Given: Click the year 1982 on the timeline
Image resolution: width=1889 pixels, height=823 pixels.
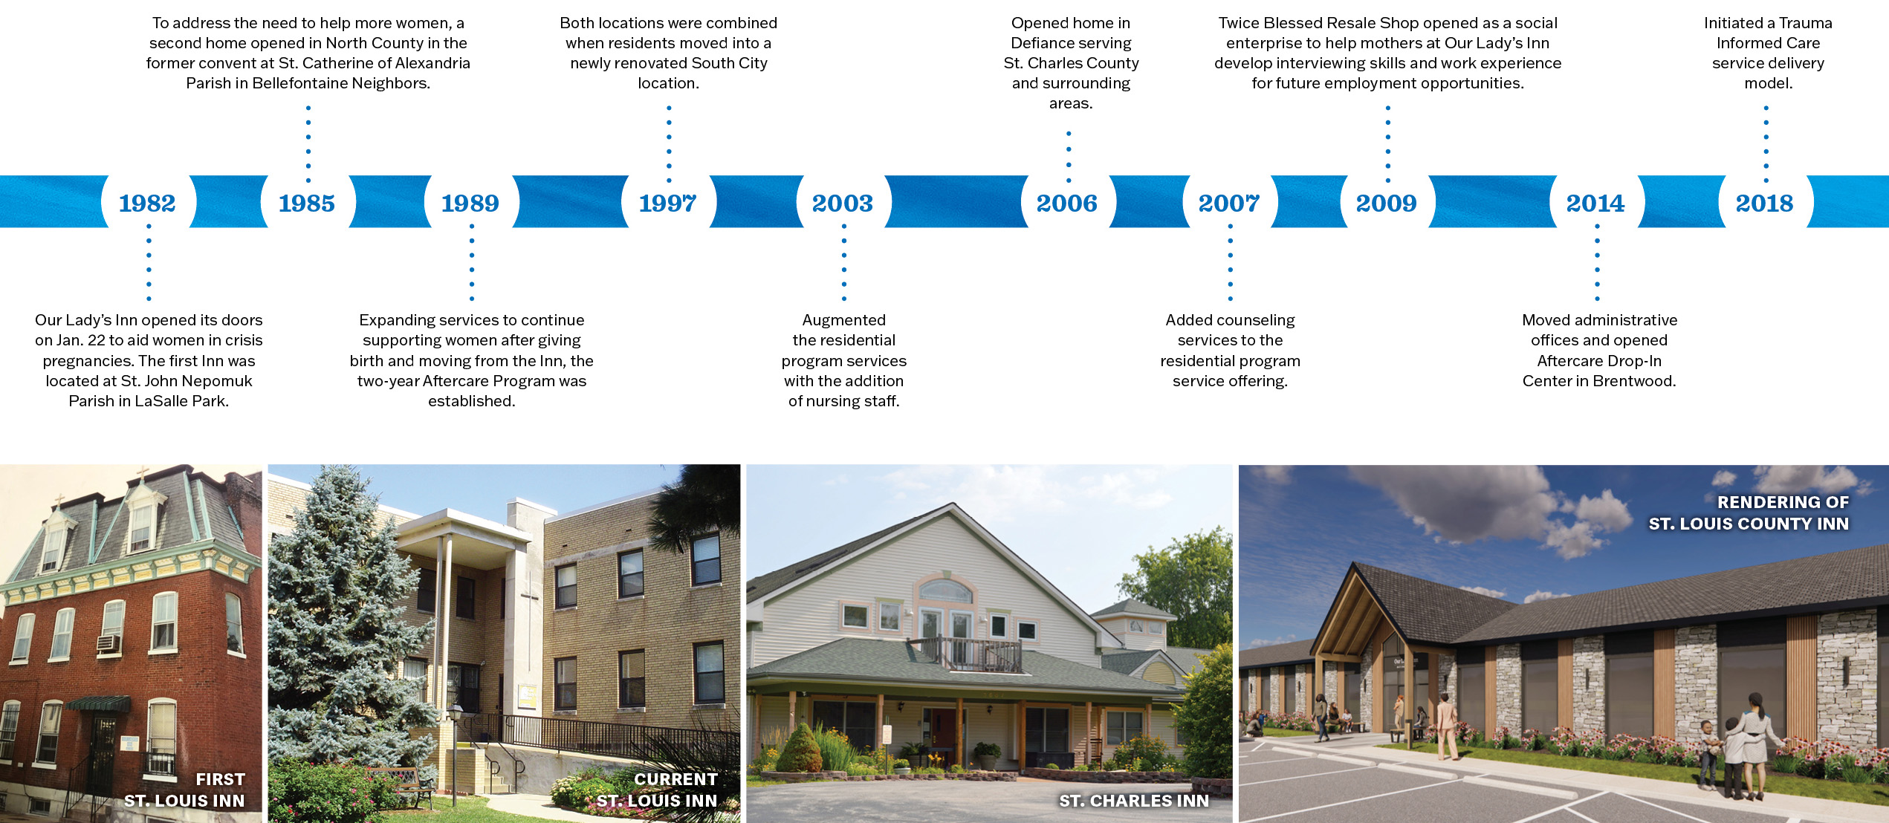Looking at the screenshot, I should (147, 203).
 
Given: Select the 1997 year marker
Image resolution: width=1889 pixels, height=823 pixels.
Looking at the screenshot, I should (667, 203).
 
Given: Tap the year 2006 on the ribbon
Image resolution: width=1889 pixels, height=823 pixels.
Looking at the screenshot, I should (1066, 203).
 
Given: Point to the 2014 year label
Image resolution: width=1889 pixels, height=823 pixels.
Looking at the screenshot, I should (1595, 203).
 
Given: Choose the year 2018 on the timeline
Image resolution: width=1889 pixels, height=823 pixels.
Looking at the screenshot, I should (1764, 203).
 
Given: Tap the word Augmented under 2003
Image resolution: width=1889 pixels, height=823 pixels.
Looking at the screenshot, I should (843, 320).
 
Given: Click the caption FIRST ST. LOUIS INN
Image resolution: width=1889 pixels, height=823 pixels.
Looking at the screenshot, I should (185, 790).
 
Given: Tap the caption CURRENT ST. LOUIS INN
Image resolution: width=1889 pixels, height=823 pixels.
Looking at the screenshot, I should (658, 790).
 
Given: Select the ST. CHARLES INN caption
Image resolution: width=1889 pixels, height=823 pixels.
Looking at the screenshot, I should (1134, 801).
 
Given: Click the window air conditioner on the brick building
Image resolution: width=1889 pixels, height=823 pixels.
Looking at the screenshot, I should (108, 643).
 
